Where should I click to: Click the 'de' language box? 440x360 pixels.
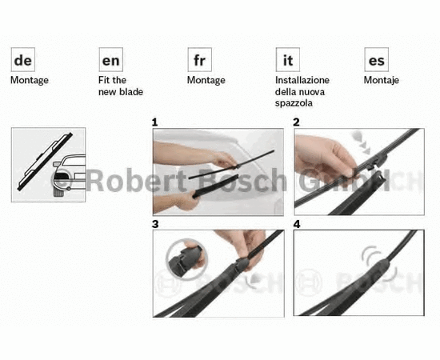(x=23, y=59)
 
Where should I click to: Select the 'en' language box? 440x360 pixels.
(x=111, y=59)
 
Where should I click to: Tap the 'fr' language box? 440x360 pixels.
(x=199, y=59)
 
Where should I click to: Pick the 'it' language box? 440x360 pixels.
(x=288, y=59)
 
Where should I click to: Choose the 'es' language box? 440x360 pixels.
(x=376, y=59)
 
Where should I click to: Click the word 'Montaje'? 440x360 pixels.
(x=382, y=81)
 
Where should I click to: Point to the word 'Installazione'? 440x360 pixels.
(x=302, y=80)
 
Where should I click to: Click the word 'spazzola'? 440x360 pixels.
(x=294, y=103)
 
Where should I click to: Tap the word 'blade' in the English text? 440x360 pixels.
(x=132, y=92)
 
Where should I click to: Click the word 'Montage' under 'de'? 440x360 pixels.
(x=30, y=81)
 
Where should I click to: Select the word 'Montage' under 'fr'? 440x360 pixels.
(x=206, y=81)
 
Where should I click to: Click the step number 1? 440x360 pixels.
(x=154, y=122)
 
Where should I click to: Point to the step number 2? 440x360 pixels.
(x=296, y=122)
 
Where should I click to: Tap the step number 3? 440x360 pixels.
(x=155, y=224)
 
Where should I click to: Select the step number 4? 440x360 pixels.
(x=297, y=224)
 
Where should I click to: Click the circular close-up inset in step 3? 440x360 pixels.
(x=187, y=259)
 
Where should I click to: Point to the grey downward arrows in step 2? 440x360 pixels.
(x=361, y=142)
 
